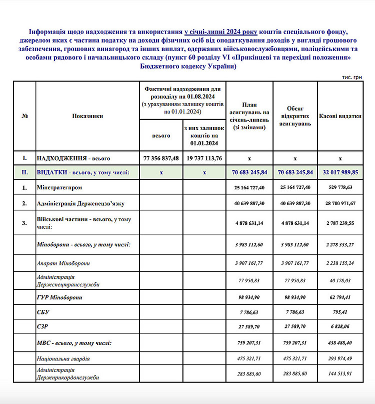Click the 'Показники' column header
click(87, 116)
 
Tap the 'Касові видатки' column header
click(340, 116)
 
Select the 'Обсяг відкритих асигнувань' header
click(295, 116)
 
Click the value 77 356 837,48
click(161, 158)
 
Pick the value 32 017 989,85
click(340, 172)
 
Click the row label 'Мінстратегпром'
click(57, 188)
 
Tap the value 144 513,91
click(340, 374)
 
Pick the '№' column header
click(24, 116)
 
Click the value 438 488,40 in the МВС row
click(340, 343)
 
